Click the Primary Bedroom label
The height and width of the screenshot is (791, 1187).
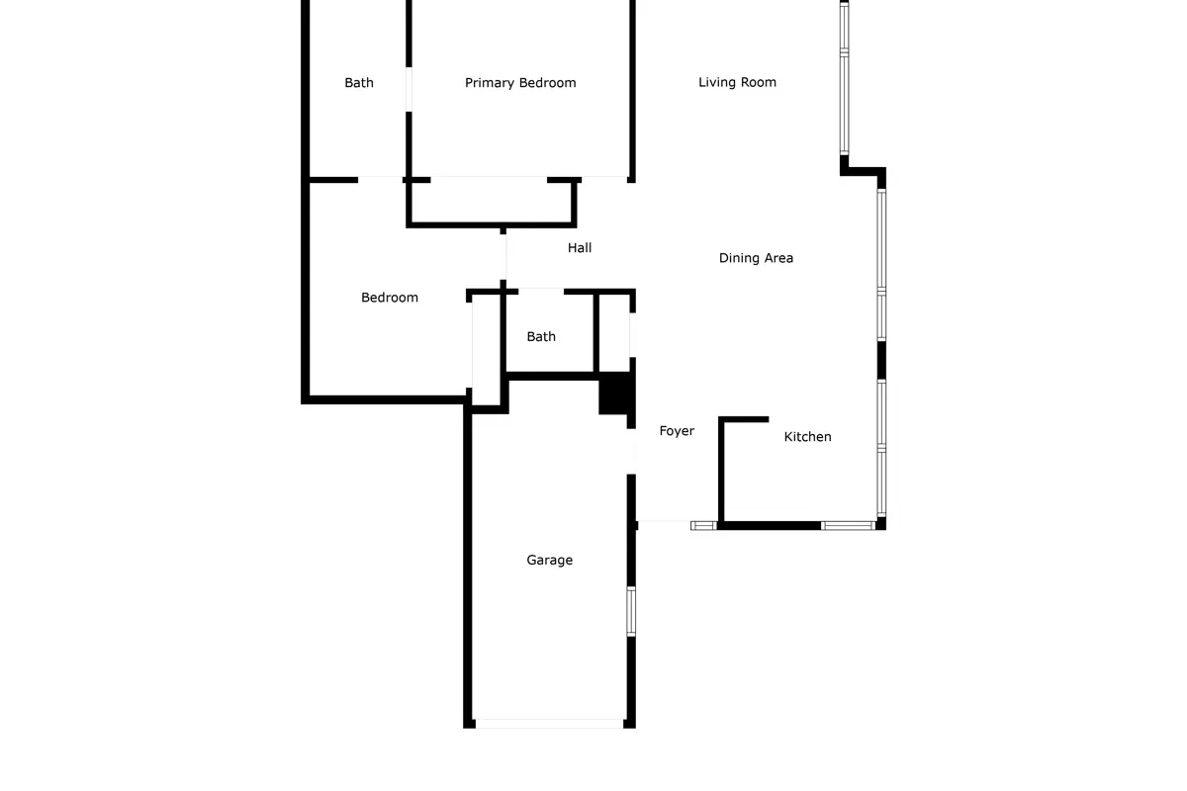(520, 83)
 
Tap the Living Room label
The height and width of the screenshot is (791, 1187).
(737, 82)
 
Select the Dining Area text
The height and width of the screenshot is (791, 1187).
(756, 258)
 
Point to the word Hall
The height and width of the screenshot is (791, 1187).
(580, 247)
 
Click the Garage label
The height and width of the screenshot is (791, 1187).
(550, 560)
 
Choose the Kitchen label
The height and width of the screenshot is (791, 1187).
(807, 437)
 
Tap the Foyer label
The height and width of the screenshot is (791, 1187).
(677, 431)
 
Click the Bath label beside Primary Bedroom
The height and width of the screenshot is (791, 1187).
(359, 83)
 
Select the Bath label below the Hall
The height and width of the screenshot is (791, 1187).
(541, 336)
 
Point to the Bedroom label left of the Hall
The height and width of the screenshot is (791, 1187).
(390, 298)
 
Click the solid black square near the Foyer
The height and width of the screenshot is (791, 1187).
(614, 393)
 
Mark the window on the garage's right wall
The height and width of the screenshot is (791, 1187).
(631, 611)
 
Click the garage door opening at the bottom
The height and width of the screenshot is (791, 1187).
(550, 724)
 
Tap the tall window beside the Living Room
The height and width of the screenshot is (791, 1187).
(844, 78)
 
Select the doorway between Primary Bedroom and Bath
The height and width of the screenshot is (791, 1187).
(409, 90)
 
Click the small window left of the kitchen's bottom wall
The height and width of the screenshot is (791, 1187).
(703, 526)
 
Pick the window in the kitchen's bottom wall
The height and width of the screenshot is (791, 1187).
(848, 526)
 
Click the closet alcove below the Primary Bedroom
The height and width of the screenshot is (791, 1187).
(492, 203)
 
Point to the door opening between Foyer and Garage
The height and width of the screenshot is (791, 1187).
(631, 452)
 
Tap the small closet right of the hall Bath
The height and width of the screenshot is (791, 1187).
(614, 334)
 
